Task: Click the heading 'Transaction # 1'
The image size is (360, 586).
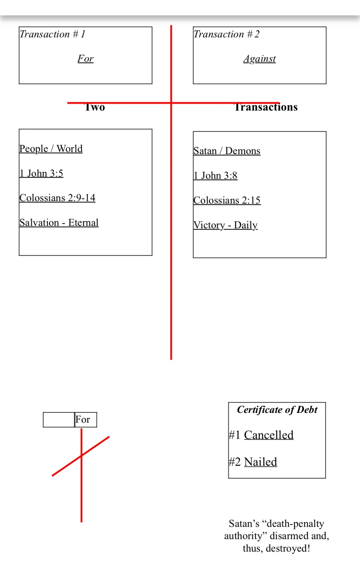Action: tap(52, 34)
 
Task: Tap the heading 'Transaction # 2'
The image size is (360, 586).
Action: tap(226, 34)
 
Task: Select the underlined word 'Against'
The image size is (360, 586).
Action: tap(259, 59)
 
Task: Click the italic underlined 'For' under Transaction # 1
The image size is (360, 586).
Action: tap(85, 59)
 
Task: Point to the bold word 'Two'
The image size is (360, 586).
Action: tap(95, 107)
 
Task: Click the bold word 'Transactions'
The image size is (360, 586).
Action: tap(266, 107)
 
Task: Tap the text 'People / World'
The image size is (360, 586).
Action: tap(51, 149)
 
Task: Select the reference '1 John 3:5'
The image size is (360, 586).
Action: tap(41, 173)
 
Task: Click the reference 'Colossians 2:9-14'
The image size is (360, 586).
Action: tap(57, 198)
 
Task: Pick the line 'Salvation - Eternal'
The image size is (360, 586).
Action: tap(59, 223)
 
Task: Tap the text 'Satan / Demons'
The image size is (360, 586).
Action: tap(227, 151)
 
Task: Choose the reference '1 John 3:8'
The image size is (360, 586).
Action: tap(215, 176)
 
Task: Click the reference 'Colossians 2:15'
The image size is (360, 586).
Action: tap(227, 200)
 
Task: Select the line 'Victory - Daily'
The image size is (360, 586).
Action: tap(225, 225)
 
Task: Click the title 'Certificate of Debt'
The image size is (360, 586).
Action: tap(277, 410)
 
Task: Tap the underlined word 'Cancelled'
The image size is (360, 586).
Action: tap(269, 435)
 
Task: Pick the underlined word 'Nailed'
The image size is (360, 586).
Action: tap(260, 462)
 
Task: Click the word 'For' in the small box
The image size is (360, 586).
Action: tap(83, 420)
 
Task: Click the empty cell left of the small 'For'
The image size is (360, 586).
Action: tap(59, 420)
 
